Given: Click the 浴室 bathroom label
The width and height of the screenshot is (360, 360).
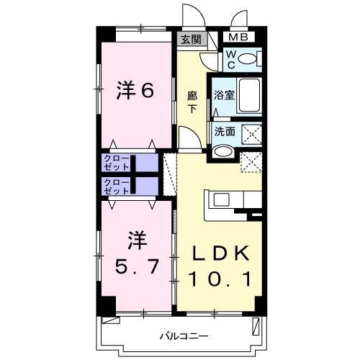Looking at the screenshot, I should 222,94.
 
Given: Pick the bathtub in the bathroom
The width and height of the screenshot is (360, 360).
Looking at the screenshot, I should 249,94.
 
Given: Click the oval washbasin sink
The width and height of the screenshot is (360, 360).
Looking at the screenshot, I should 223,152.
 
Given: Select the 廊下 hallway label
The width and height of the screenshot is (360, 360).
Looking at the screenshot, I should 192,102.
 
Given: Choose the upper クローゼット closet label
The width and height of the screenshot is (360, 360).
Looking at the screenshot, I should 117,163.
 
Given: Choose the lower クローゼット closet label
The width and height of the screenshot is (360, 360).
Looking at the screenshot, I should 117,186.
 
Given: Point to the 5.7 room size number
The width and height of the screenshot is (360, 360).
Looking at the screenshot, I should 138,267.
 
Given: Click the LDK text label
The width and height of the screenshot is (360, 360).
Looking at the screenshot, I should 220,253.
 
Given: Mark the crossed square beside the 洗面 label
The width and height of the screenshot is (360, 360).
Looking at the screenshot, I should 251,132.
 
